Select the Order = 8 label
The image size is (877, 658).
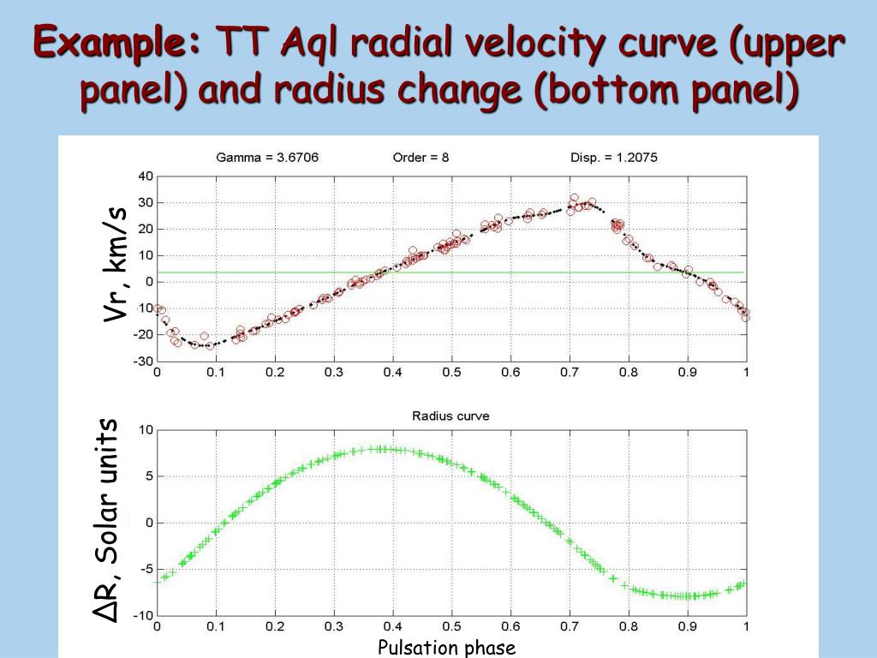click(421, 158)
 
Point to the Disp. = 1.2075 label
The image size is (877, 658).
click(613, 158)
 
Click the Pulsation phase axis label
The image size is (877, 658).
click(447, 648)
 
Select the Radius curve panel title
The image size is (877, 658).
click(450, 416)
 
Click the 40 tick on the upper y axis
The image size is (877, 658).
click(145, 176)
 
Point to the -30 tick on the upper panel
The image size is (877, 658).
click(143, 361)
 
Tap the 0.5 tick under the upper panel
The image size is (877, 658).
click(451, 373)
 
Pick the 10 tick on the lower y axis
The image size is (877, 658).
click(146, 430)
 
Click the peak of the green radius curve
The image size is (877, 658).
click(381, 448)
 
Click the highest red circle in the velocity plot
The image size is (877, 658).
click(575, 198)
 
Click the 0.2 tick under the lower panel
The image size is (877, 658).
click(275, 627)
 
